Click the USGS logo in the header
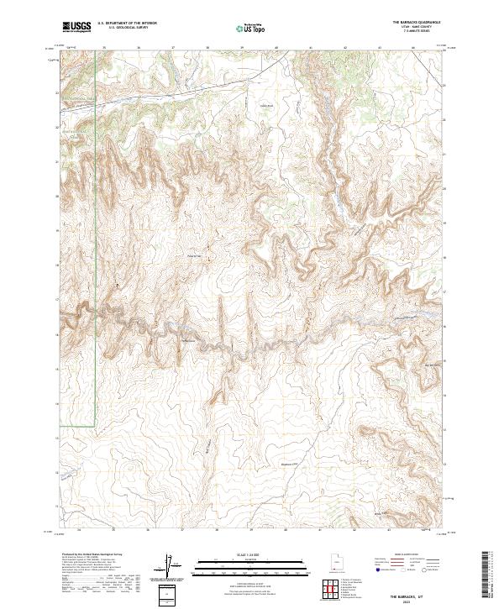(76, 27)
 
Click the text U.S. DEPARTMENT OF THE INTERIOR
(127, 23)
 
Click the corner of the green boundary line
(95, 428)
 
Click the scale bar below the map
(252, 567)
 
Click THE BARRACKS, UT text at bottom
(419, 593)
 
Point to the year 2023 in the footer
(419, 599)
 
